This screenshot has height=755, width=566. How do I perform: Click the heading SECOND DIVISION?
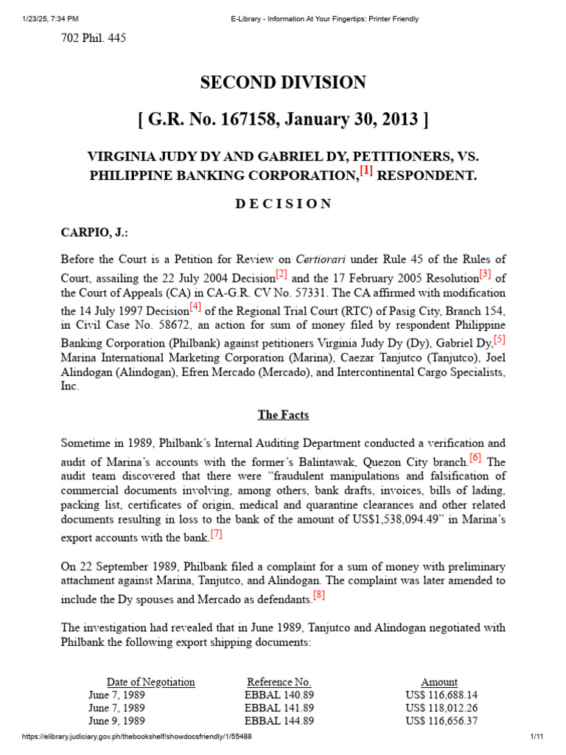(283, 83)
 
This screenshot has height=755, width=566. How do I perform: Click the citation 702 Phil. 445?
(93, 38)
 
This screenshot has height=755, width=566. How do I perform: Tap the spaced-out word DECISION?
(283, 203)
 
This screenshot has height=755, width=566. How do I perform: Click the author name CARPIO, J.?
(94, 232)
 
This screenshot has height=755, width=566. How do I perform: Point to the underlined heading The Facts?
(283, 414)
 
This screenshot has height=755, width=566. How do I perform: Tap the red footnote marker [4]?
(195, 307)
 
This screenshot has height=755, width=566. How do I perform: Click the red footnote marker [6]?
(475, 458)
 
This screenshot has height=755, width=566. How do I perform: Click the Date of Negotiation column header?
(151, 682)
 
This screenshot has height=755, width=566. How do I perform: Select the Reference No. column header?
(279, 682)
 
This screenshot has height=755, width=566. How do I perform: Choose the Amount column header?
(439, 682)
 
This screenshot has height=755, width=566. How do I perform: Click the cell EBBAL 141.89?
(279, 708)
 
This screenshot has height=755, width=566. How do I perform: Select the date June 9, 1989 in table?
(116, 721)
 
